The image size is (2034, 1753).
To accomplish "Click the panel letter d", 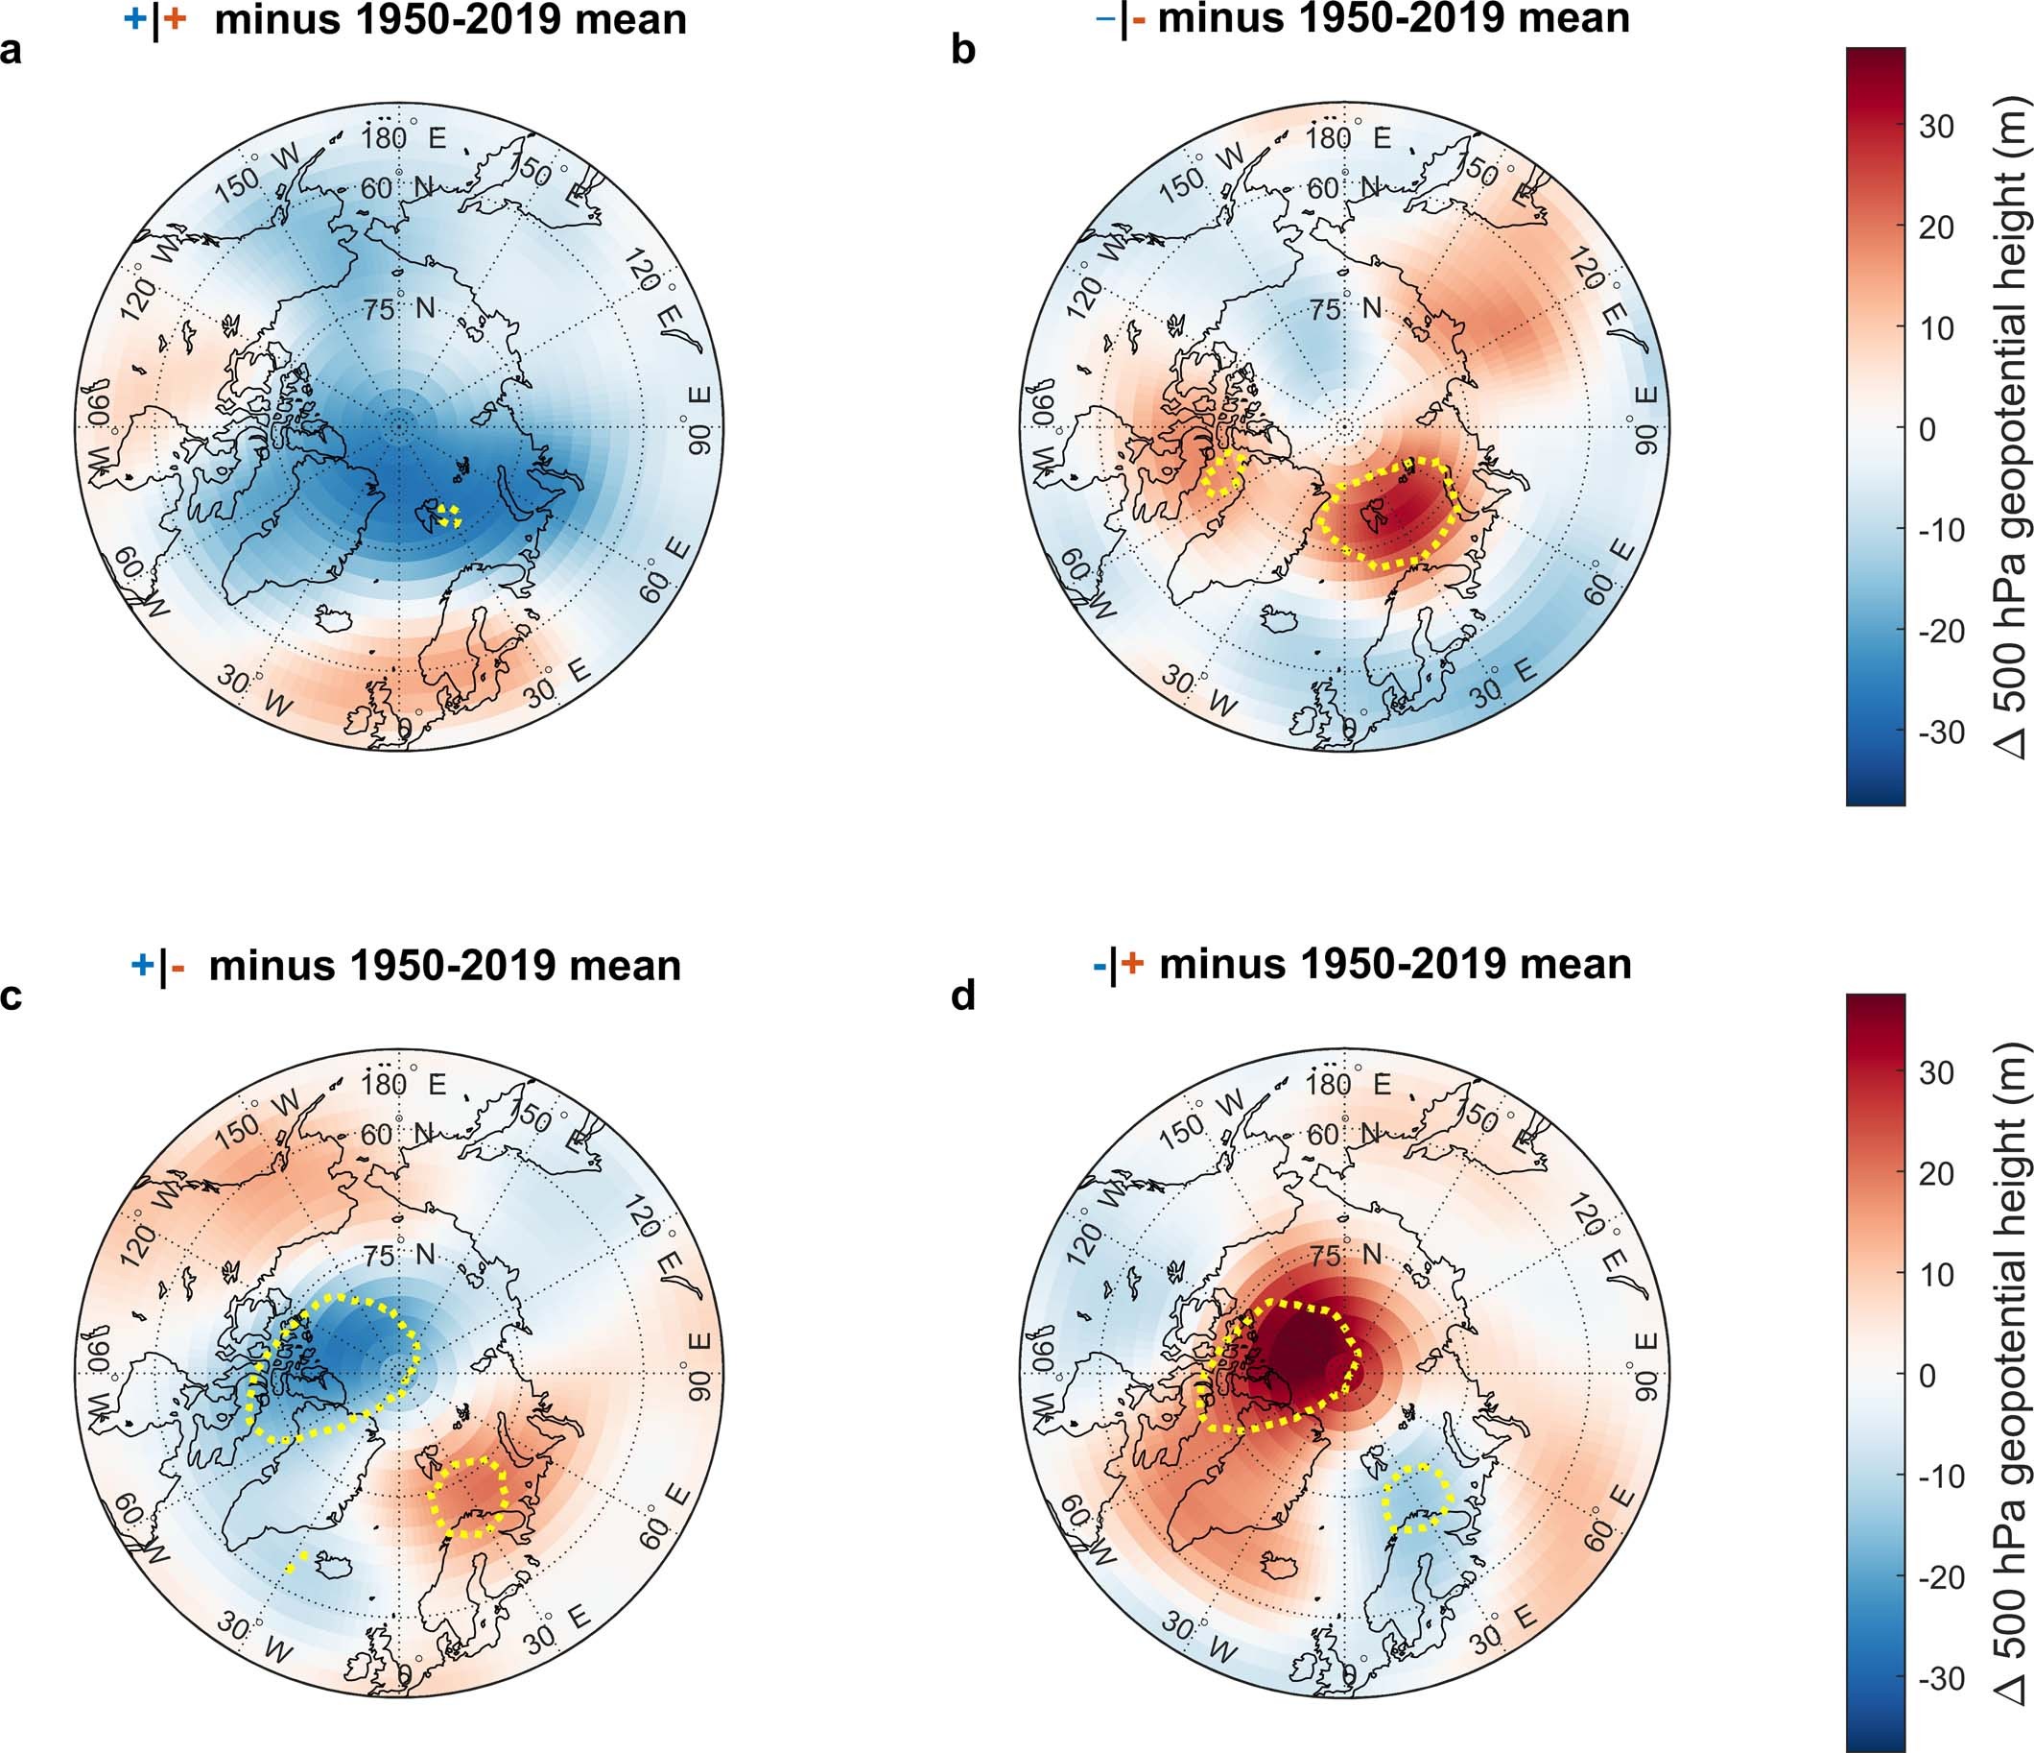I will [x=963, y=996].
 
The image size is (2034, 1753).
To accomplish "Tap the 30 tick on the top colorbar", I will [x=1935, y=127].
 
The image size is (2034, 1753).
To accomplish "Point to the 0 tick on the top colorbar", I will [x=1927, y=429].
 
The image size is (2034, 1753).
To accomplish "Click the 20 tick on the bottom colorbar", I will [x=1935, y=1173].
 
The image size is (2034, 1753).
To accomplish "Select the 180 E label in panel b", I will [x=1348, y=138].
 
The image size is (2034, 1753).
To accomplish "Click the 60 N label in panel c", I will [x=397, y=1135].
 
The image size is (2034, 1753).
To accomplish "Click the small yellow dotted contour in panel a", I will [x=450, y=516].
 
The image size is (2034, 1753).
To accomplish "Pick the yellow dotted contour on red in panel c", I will [x=469, y=1498].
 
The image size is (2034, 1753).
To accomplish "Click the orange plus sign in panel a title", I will [x=175, y=19].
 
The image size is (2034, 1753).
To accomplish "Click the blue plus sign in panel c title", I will [x=141, y=967].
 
